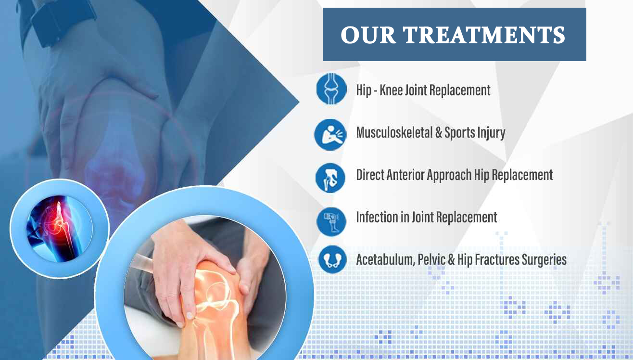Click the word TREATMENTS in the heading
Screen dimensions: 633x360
484,35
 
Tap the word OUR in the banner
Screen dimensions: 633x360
368,35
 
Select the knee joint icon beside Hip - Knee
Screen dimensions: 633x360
331,89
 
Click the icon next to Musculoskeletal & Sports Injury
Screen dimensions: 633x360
330,135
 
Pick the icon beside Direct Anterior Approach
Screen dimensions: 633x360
330,178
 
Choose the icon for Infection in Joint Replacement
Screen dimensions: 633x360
331,222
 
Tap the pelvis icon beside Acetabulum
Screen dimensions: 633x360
332,259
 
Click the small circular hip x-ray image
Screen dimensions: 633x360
59,229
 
